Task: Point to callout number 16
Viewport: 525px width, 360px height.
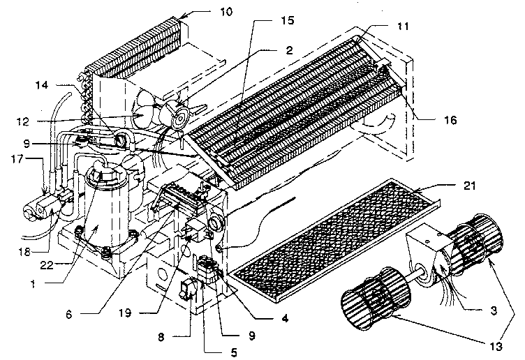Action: coord(449,120)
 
